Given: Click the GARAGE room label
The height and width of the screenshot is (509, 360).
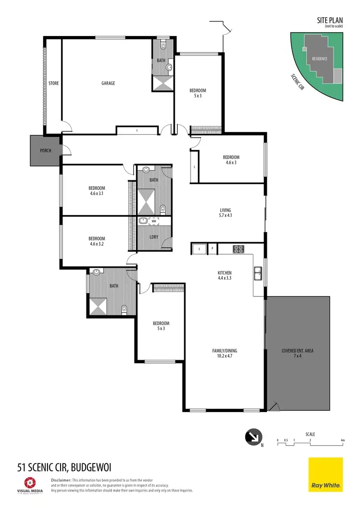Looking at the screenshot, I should (x=108, y=83).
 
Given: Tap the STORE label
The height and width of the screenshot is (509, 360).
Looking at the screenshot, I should (x=53, y=83).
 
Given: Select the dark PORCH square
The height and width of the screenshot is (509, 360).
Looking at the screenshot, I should (x=45, y=150).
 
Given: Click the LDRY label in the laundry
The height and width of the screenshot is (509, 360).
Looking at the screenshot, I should (x=154, y=237).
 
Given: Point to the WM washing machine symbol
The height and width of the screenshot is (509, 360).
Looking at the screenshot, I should (x=154, y=221).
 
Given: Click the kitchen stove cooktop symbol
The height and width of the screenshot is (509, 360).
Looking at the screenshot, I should (x=239, y=249).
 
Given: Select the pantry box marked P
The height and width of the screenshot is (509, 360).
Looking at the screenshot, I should (x=212, y=249).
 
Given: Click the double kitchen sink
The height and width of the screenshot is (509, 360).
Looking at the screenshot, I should (x=258, y=273).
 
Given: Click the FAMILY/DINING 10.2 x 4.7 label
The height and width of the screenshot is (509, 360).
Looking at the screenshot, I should (x=225, y=354).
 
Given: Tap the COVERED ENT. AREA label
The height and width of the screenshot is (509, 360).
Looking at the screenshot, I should (x=298, y=354).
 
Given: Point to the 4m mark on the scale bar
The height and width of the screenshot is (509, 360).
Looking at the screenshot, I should (x=342, y=440).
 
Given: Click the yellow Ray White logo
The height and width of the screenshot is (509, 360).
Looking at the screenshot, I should (x=325, y=474).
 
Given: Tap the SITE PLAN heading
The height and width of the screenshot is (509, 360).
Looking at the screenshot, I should (x=330, y=20).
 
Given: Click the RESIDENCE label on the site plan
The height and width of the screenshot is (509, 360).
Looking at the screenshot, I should (x=320, y=59).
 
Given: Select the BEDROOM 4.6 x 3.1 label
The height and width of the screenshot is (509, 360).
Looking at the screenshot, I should (x=96, y=191).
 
